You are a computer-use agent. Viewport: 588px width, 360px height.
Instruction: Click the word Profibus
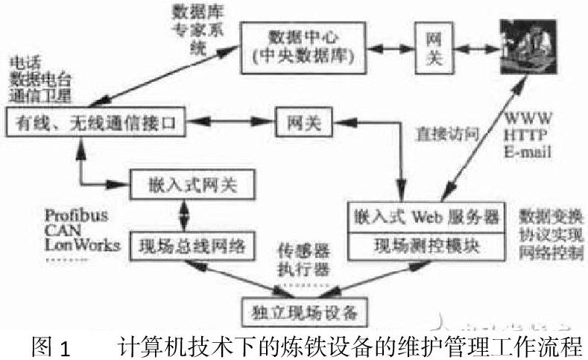[78, 215]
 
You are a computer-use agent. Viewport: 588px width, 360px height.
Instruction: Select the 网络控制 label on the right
[551, 254]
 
